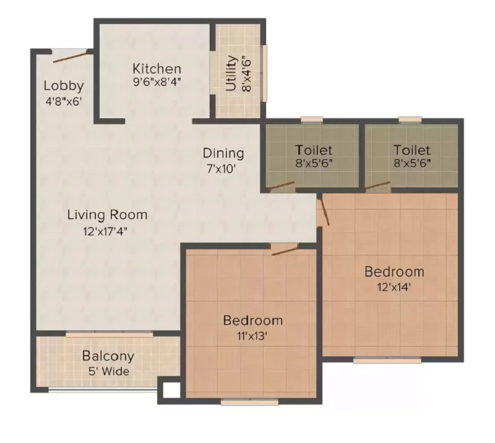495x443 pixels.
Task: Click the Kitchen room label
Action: tap(157, 69)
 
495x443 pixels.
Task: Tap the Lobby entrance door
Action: tap(70, 58)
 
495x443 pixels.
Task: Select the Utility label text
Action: tap(231, 73)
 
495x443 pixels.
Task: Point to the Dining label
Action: tap(223, 153)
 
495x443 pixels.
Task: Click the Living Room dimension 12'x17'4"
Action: tap(105, 231)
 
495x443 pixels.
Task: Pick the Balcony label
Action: tap(108, 356)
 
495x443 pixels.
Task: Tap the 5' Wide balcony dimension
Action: tap(109, 371)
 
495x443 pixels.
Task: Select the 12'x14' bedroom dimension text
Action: tap(394, 287)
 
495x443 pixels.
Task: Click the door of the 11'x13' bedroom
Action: tap(285, 249)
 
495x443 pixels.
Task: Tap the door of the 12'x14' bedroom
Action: tap(324, 210)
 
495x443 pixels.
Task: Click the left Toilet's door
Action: tap(281, 186)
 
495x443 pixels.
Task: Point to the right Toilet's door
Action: tap(377, 186)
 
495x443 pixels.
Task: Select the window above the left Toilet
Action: tap(312, 119)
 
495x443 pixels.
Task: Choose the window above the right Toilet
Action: tap(410, 119)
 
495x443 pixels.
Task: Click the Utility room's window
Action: tap(265, 73)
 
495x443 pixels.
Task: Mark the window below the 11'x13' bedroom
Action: tap(249, 402)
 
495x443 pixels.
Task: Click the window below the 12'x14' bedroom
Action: tap(387, 359)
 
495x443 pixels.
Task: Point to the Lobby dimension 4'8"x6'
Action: tap(64, 101)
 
